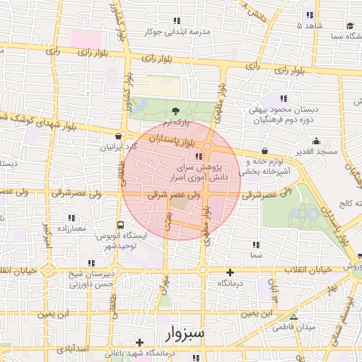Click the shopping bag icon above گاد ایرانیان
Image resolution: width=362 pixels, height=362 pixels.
118,136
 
